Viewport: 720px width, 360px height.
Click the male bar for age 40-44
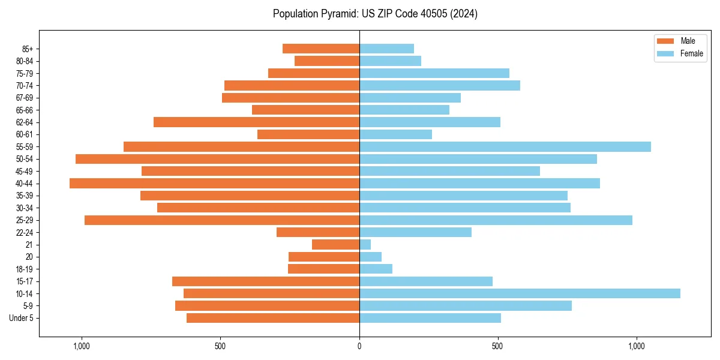214,183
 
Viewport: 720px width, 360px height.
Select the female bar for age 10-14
520,293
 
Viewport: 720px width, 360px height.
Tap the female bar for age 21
365,244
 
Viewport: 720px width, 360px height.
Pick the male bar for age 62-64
256,122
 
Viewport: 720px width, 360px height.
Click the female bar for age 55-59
505,146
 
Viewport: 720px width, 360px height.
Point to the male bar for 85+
321,49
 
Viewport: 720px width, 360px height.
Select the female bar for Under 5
430,318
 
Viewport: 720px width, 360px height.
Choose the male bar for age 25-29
222,220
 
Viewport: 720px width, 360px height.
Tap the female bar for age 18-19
376,269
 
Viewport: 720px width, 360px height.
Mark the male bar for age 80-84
327,61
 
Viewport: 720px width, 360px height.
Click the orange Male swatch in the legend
666,41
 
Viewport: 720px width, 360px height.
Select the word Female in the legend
692,53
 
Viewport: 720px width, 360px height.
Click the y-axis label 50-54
25,159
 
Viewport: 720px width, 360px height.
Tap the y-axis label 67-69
25,98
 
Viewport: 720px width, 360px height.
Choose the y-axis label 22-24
25,232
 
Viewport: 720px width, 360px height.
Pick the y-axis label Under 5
22,318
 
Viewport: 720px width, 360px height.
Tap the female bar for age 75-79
434,73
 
